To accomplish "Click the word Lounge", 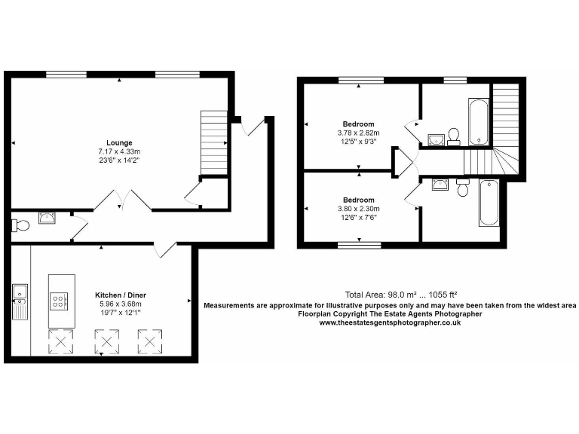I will [119, 143].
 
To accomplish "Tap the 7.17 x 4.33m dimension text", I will [119, 151].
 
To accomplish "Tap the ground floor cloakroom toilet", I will [20, 225].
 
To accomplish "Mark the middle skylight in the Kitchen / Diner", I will [106, 343].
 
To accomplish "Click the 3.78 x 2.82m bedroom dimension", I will [358, 133].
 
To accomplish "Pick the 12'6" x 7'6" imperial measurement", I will [358, 218].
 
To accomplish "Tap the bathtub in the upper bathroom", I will [479, 121].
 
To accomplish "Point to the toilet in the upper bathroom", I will [454, 136].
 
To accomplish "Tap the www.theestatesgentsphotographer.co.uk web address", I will [390, 322].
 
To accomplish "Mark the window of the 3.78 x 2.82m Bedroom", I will [358, 80].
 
